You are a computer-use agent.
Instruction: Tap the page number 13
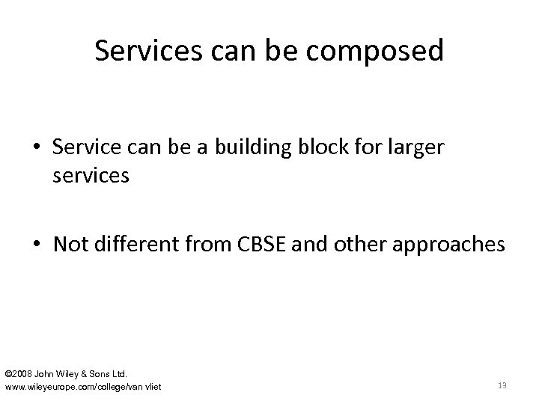pos(502,385)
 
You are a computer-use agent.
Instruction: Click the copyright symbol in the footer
pos(8,373)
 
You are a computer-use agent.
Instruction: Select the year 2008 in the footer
pos(22,373)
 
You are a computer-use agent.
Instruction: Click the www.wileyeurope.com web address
pos(83,386)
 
